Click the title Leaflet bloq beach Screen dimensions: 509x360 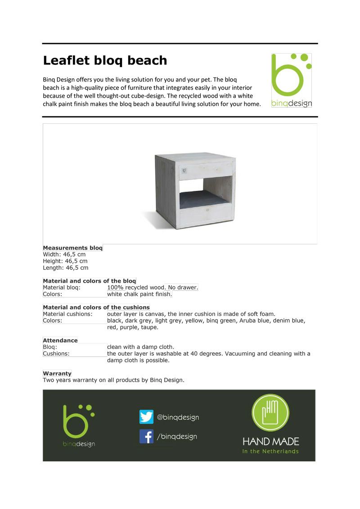click(105, 60)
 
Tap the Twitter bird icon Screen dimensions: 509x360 click(146, 417)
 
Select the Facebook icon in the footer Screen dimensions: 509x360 click(146, 436)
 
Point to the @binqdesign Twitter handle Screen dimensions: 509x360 click(178, 417)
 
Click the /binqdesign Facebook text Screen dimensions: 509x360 click(177, 437)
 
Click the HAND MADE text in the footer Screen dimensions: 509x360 click(270, 441)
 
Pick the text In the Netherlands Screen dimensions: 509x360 click(270, 451)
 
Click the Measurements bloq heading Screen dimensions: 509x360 click(72, 248)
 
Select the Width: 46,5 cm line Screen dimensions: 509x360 click(64, 254)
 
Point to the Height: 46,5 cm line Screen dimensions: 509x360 click(65, 261)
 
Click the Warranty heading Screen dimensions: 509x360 click(57, 374)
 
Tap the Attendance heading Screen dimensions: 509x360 click(60, 340)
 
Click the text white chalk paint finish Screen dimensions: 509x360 click(139, 294)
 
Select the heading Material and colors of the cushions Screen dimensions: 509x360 click(96, 307)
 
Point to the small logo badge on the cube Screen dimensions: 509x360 click(184, 171)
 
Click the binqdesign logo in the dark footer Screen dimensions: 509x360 click(79, 425)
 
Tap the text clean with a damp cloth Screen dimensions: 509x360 click(140, 347)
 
